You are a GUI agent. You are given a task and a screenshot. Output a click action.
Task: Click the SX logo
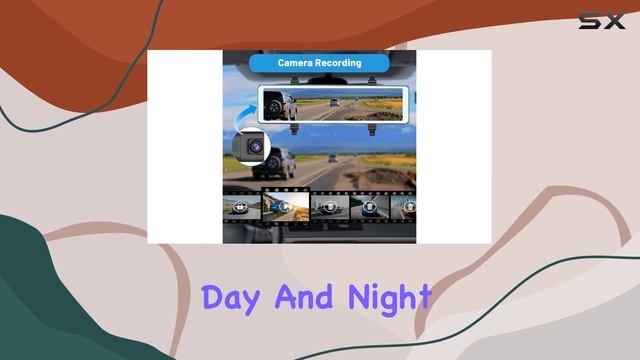click(x=602, y=20)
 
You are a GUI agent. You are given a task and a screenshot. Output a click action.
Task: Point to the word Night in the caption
click(x=390, y=298)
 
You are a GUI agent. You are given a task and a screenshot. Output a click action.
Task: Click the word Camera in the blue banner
click(x=297, y=63)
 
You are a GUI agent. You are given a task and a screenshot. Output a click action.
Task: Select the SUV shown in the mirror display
click(x=278, y=104)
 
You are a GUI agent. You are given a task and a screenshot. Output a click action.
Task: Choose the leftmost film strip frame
click(x=240, y=207)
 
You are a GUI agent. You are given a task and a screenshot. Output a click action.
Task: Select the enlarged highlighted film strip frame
click(x=285, y=205)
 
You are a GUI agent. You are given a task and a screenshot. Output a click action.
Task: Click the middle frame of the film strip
click(x=330, y=206)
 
